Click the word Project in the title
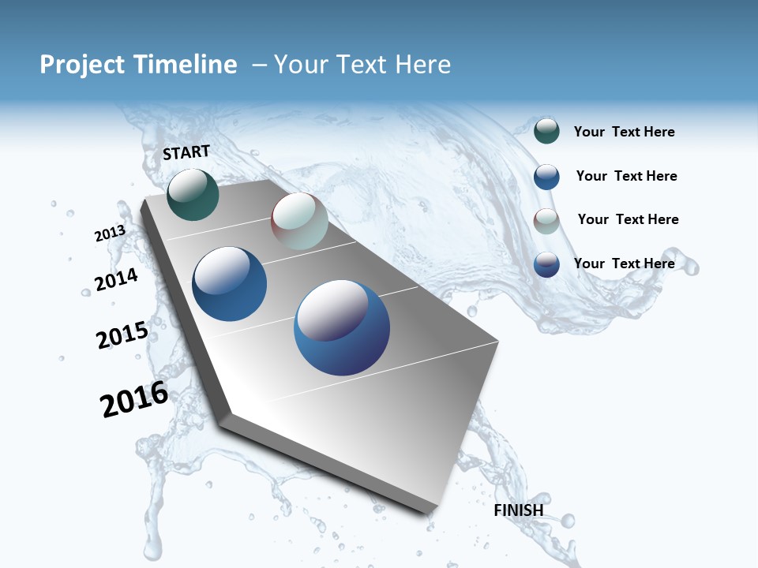(x=82, y=65)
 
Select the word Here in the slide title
(x=422, y=65)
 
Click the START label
(x=186, y=152)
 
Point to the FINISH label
(x=519, y=510)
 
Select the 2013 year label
(x=110, y=234)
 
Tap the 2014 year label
(x=116, y=279)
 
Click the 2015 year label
(x=122, y=335)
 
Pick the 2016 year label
(x=134, y=399)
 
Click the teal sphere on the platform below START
(x=193, y=194)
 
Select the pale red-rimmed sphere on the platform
(x=299, y=221)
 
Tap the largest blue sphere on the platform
(x=342, y=327)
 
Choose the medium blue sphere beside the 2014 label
(x=229, y=284)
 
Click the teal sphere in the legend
(x=546, y=131)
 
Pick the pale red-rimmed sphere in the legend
(x=546, y=220)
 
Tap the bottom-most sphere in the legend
(x=546, y=264)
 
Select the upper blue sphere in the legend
(x=546, y=177)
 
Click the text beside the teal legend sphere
(x=624, y=132)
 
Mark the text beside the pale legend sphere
(x=628, y=219)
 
